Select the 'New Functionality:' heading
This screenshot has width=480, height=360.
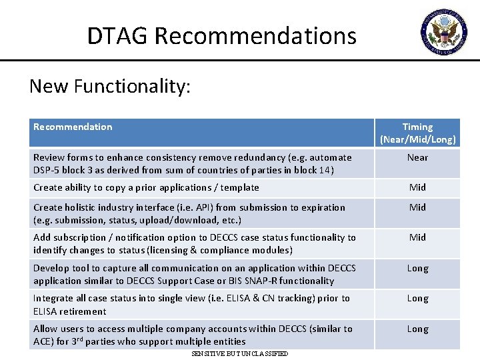pos(110,86)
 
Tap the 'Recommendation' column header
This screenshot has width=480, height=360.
pos(73,127)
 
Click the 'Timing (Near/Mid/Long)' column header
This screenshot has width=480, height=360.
pos(417,133)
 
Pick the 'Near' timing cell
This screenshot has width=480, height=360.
pos(417,157)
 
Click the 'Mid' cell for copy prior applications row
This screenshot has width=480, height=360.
pos(417,187)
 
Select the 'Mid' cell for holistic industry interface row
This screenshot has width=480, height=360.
pos(417,207)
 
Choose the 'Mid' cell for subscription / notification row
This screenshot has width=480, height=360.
pos(417,237)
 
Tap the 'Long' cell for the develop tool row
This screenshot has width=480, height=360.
pos(417,268)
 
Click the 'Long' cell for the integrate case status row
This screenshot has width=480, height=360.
pos(417,298)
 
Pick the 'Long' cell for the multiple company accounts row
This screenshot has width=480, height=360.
pos(417,329)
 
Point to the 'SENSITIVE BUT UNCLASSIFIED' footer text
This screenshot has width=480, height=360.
pos(239,353)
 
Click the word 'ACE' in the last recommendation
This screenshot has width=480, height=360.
pos(43,342)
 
